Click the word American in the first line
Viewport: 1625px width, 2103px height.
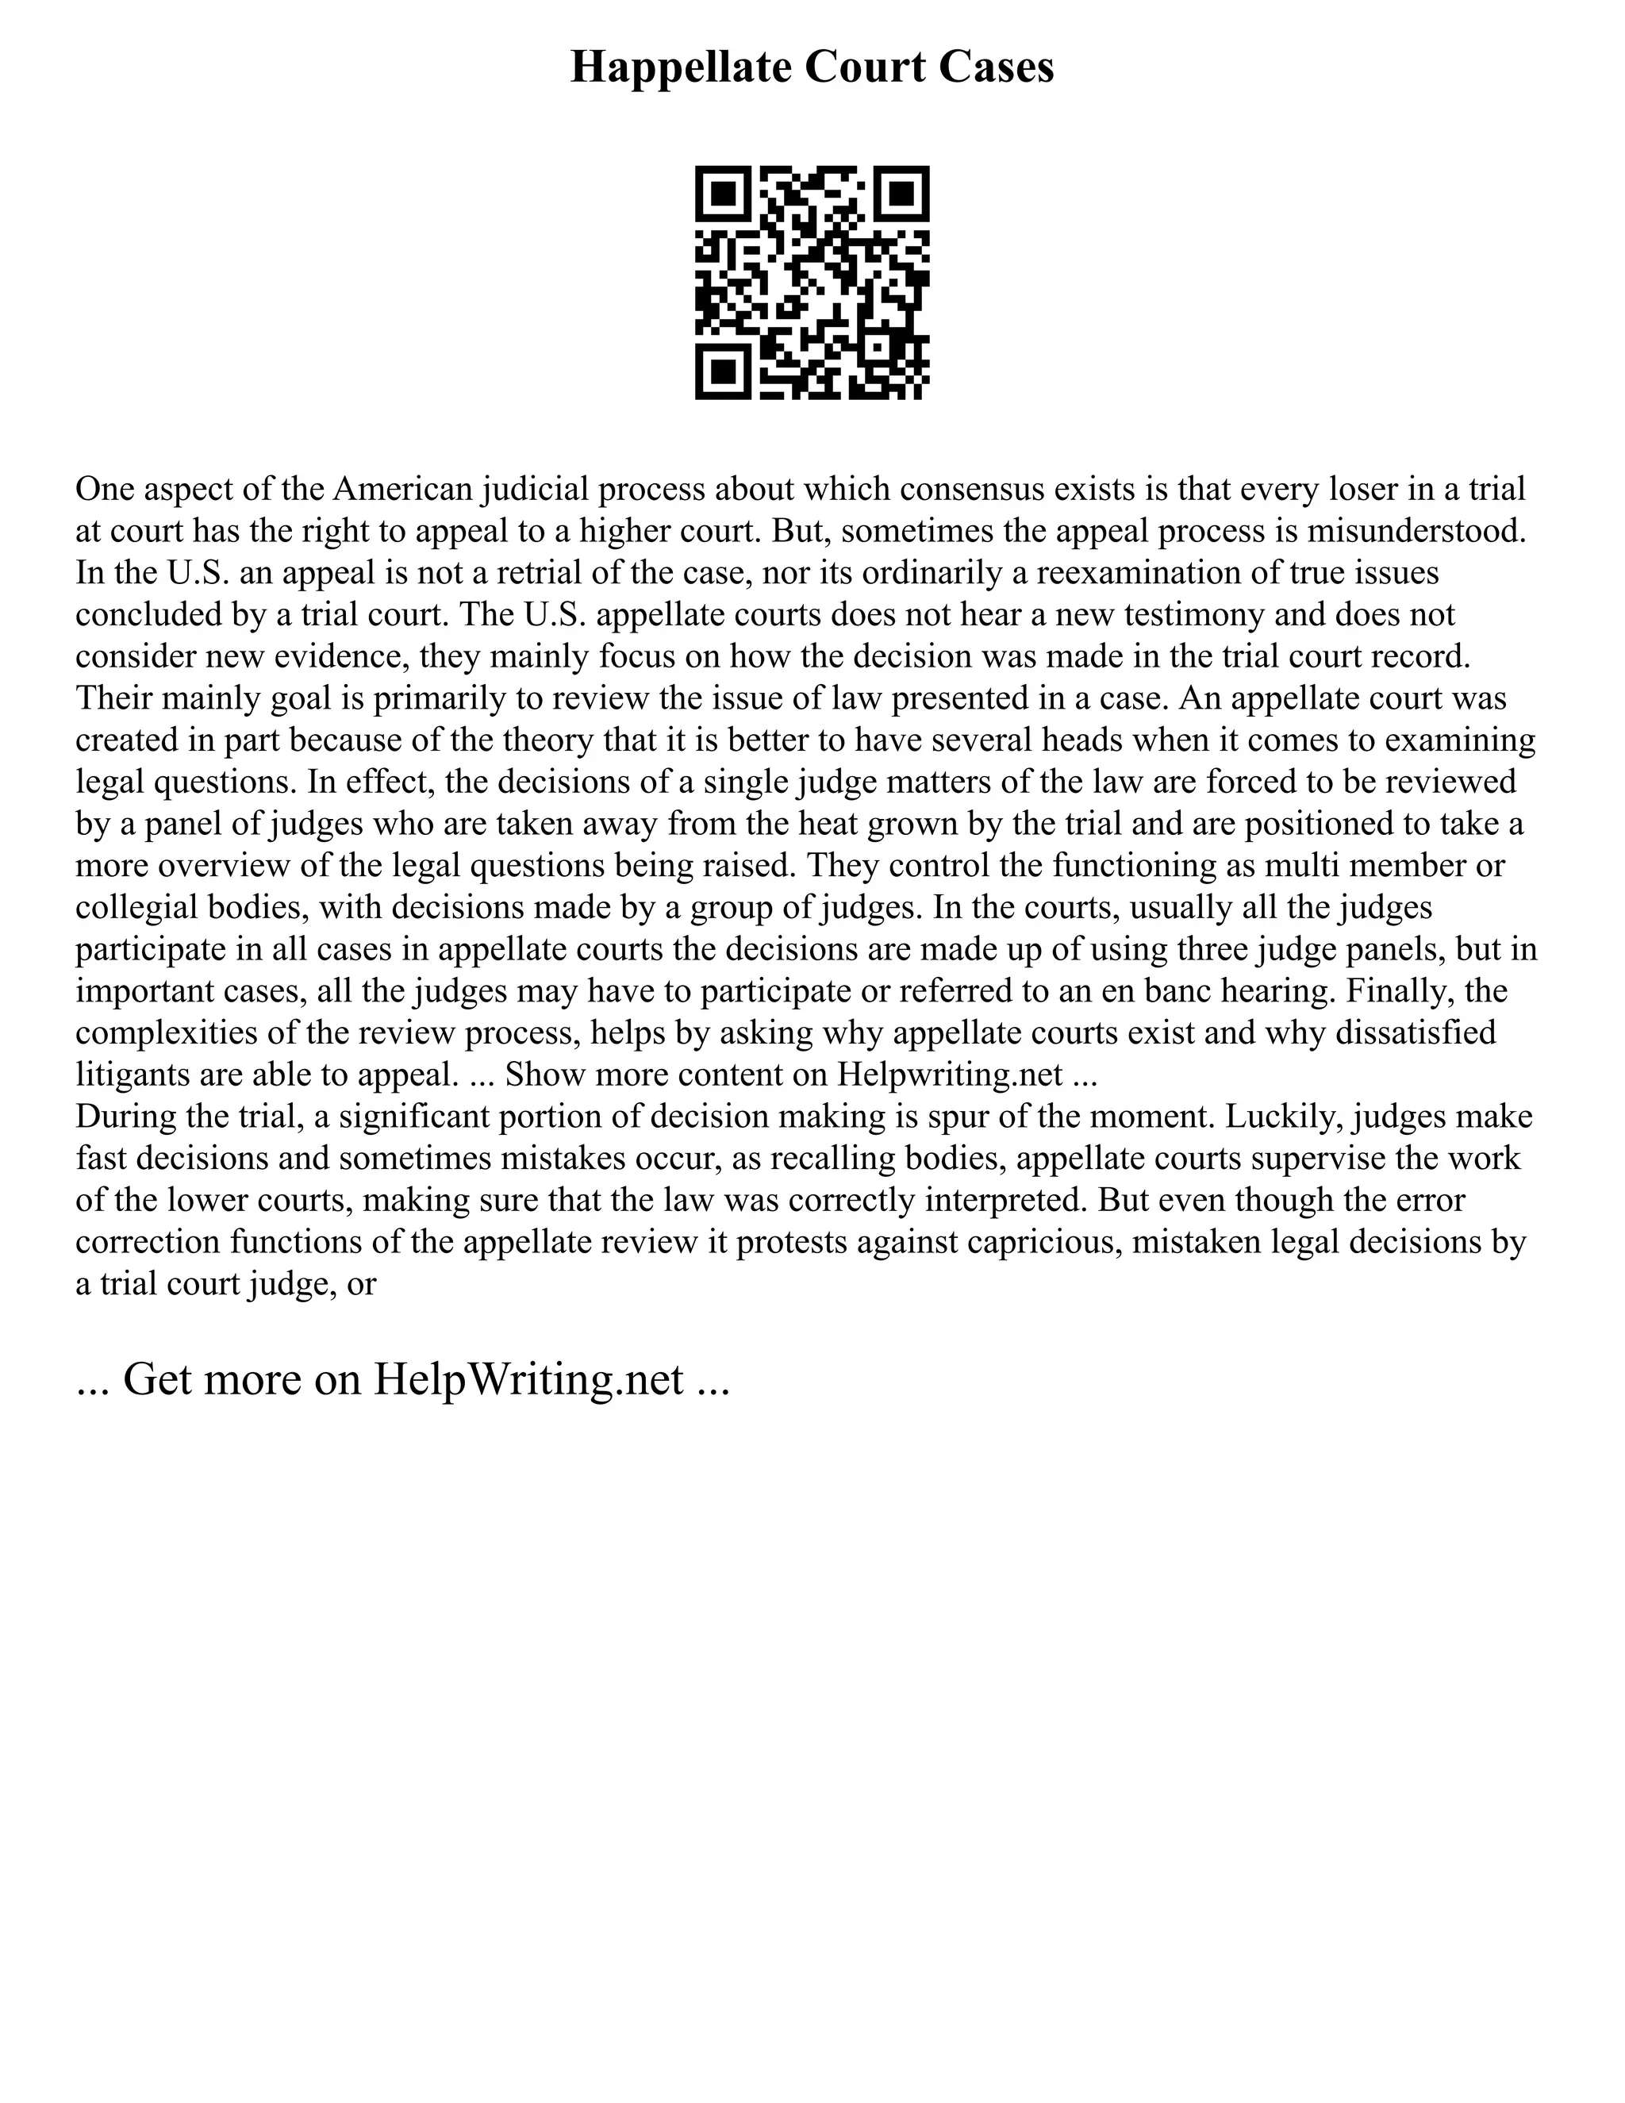403,489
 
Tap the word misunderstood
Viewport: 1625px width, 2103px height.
1416,531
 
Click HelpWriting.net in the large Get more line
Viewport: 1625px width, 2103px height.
528,1379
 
